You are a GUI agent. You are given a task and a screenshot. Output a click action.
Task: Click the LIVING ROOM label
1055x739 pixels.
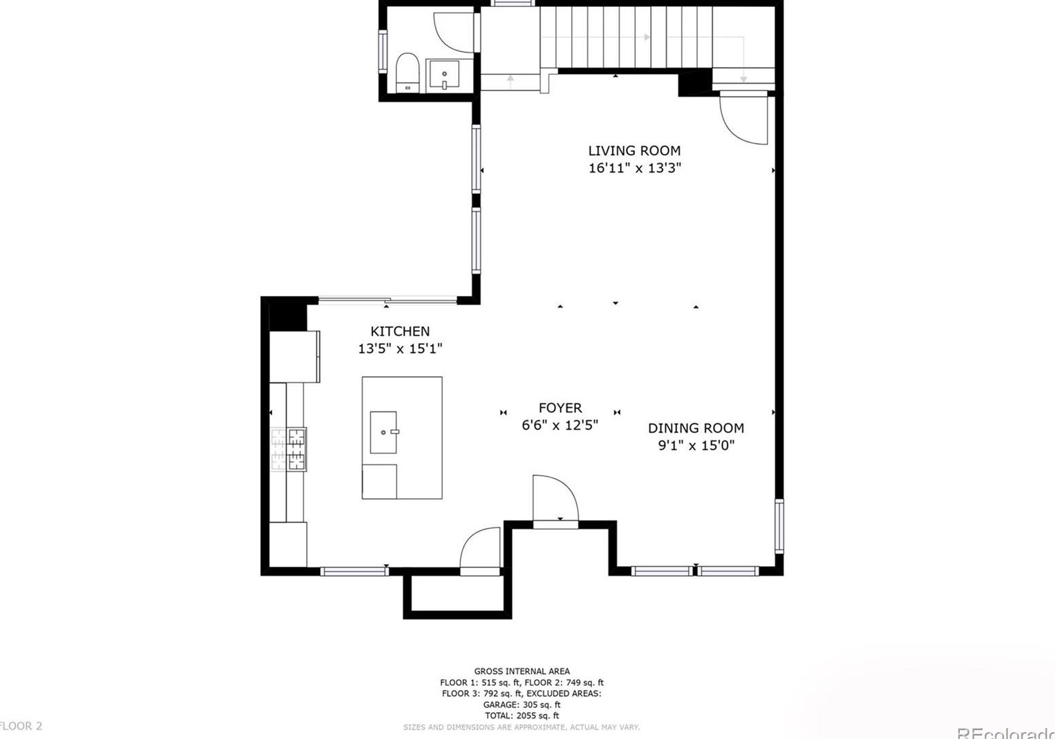click(634, 150)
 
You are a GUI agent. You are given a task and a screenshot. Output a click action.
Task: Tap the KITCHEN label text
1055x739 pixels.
click(400, 331)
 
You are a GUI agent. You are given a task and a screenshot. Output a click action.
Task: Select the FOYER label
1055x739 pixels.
click(560, 408)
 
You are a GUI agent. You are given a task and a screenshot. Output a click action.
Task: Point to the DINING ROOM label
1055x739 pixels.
click(695, 428)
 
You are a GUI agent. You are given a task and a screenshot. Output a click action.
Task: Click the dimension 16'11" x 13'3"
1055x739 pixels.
click(634, 168)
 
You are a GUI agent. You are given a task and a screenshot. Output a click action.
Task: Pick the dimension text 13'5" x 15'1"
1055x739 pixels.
click(400, 349)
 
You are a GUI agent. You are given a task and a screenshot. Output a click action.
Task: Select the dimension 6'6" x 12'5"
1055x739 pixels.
click(559, 425)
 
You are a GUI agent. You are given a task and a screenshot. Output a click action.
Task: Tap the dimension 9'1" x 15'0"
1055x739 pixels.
click(695, 446)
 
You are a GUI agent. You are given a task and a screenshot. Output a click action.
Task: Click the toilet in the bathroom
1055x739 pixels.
click(407, 72)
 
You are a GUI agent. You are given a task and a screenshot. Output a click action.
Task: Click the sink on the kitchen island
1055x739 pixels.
click(384, 432)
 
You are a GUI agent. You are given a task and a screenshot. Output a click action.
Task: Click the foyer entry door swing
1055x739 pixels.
click(554, 498)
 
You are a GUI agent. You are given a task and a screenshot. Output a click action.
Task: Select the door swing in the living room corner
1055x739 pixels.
click(744, 119)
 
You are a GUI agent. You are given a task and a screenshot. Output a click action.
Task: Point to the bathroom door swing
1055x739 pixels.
click(453, 33)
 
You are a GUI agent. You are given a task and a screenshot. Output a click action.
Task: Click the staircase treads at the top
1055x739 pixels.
click(625, 37)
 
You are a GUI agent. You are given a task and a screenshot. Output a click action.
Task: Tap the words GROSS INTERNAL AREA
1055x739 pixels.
click(521, 672)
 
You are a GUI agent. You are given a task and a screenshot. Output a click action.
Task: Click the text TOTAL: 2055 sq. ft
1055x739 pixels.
click(521, 716)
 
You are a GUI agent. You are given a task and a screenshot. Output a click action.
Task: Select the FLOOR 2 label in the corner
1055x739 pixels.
click(21, 726)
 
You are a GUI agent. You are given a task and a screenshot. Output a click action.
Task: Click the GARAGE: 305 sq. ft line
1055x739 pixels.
click(521, 705)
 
